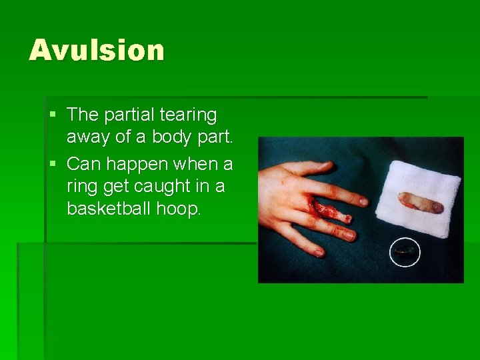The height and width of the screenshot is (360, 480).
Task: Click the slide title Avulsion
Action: tap(96, 51)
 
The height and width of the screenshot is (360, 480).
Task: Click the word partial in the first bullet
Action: tap(125, 115)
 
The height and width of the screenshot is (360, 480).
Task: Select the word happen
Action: tap(136, 164)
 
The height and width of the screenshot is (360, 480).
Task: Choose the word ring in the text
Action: tap(81, 187)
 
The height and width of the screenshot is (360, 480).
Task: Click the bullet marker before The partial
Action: tap(53, 115)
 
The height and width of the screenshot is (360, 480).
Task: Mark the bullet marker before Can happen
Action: tap(53, 164)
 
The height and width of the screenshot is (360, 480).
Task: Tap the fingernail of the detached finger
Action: tap(437, 207)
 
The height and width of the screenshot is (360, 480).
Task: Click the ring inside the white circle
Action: tap(405, 251)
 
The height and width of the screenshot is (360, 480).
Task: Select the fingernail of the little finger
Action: tap(319, 253)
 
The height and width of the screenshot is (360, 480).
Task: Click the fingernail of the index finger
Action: tap(363, 200)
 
